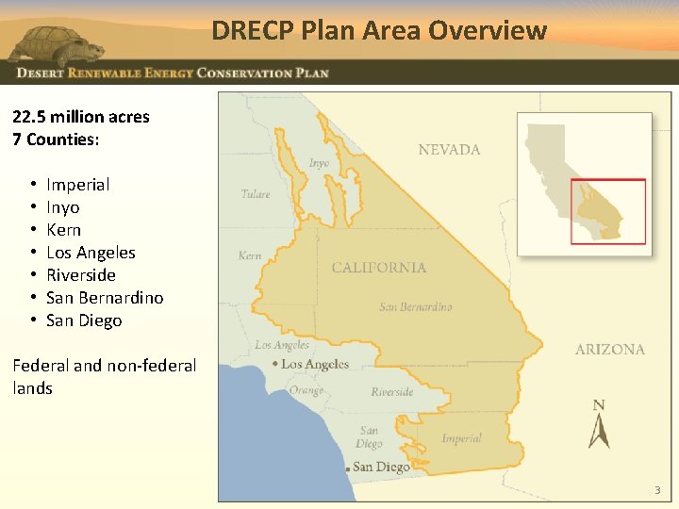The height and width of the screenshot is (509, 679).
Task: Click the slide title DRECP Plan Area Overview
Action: click(379, 30)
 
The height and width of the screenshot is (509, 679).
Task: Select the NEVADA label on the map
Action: click(449, 149)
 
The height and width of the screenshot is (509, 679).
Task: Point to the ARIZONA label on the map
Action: click(610, 349)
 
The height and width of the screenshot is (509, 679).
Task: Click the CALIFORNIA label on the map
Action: click(379, 268)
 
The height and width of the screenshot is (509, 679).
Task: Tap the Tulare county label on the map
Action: click(256, 194)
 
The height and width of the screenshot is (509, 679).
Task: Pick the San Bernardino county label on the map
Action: click(416, 307)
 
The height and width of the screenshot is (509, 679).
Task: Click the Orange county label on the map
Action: click(306, 390)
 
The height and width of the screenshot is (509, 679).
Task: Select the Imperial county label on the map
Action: click(461, 438)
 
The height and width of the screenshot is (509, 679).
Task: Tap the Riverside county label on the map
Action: click(392, 392)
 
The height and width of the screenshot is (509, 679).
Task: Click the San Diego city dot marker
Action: click(348, 468)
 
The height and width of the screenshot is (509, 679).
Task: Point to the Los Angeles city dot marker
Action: click(274, 364)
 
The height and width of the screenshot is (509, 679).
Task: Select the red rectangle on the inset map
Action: click(608, 211)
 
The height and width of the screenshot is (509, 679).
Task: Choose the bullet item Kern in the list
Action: click(63, 230)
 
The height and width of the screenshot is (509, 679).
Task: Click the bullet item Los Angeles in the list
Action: click(91, 253)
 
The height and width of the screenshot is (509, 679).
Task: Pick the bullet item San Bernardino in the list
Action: click(105, 298)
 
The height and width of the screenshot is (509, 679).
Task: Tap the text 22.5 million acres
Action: click(81, 117)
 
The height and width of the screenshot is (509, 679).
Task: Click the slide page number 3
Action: click(657, 490)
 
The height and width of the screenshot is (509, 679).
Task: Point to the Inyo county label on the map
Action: click(320, 163)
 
